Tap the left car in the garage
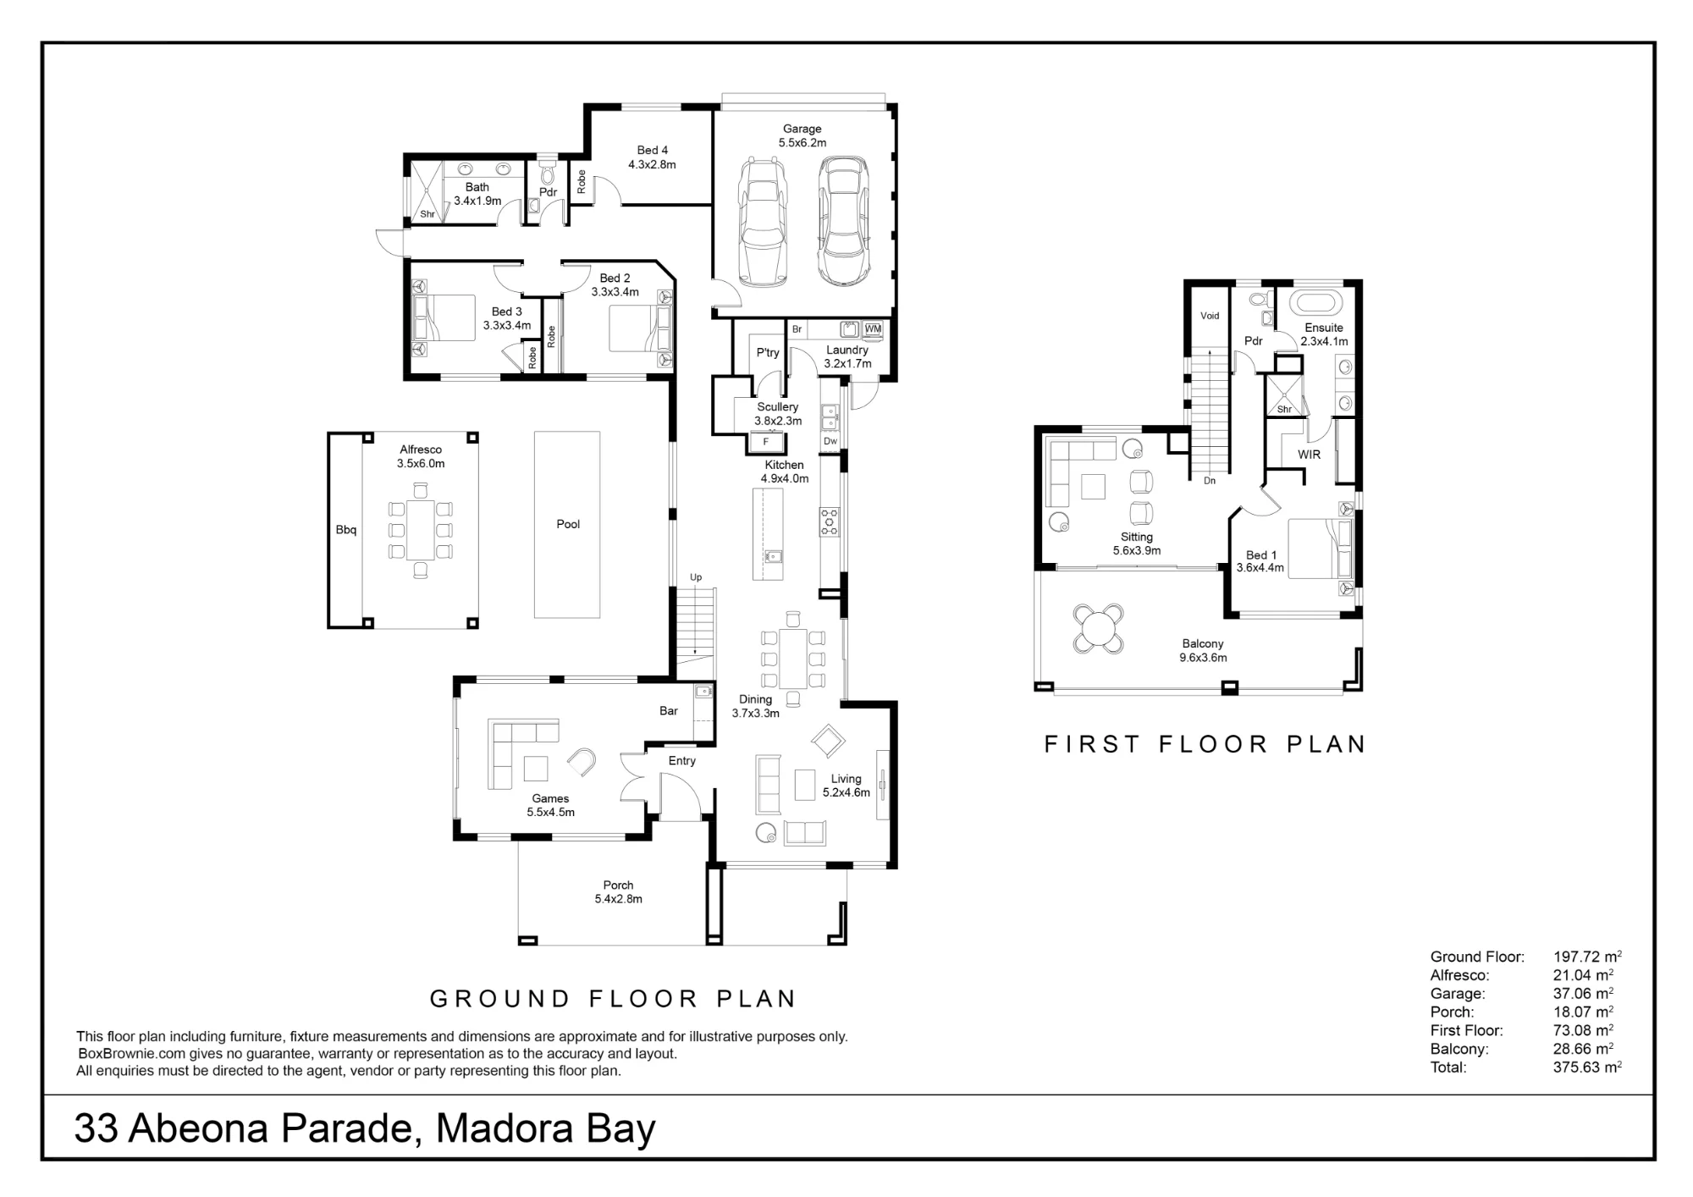(763, 222)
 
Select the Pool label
(568, 524)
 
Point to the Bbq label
(346, 530)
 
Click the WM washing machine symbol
(873, 329)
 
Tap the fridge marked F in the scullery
(766, 442)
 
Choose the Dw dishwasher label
(830, 441)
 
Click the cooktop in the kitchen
(829, 521)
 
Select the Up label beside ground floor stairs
(696, 577)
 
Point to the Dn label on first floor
(1210, 481)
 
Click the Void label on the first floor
(1210, 316)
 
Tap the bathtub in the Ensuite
(1315, 302)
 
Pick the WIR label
(1309, 455)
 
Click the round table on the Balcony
(1098, 629)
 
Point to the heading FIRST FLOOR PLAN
(1205, 744)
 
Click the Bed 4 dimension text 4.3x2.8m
(652, 165)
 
